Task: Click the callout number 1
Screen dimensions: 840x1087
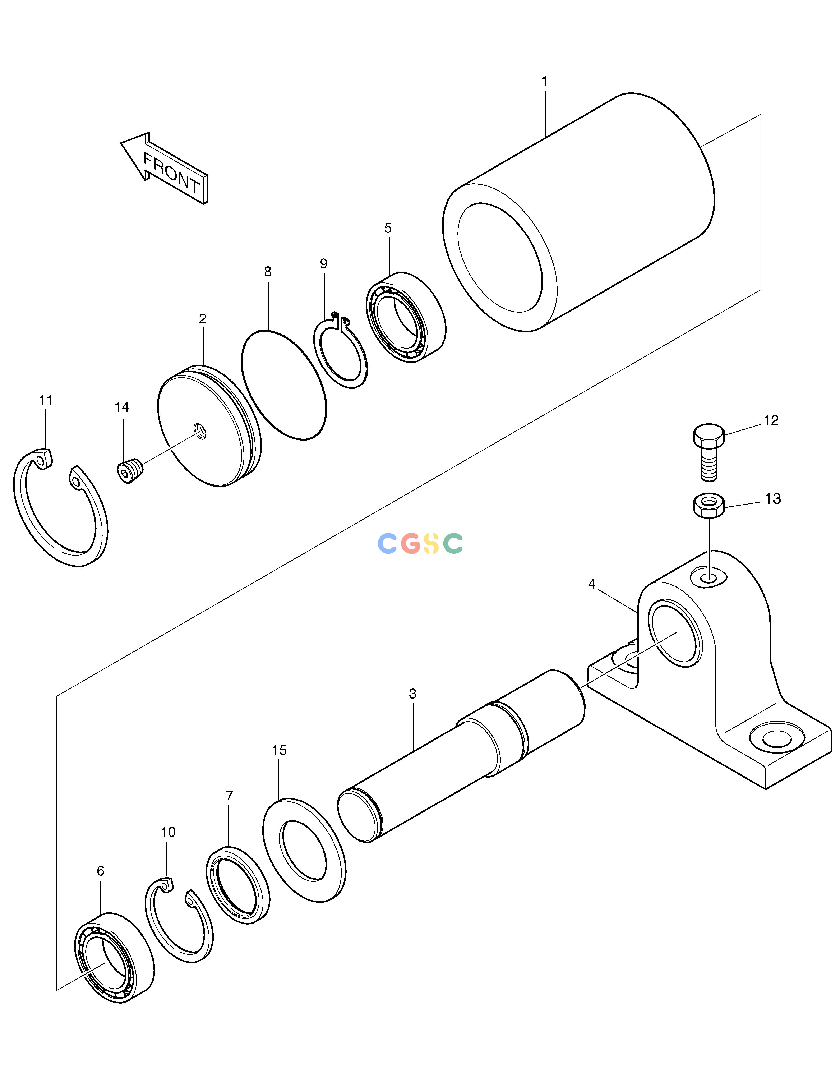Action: click(x=544, y=81)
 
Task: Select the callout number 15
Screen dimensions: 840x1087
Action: click(x=280, y=750)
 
